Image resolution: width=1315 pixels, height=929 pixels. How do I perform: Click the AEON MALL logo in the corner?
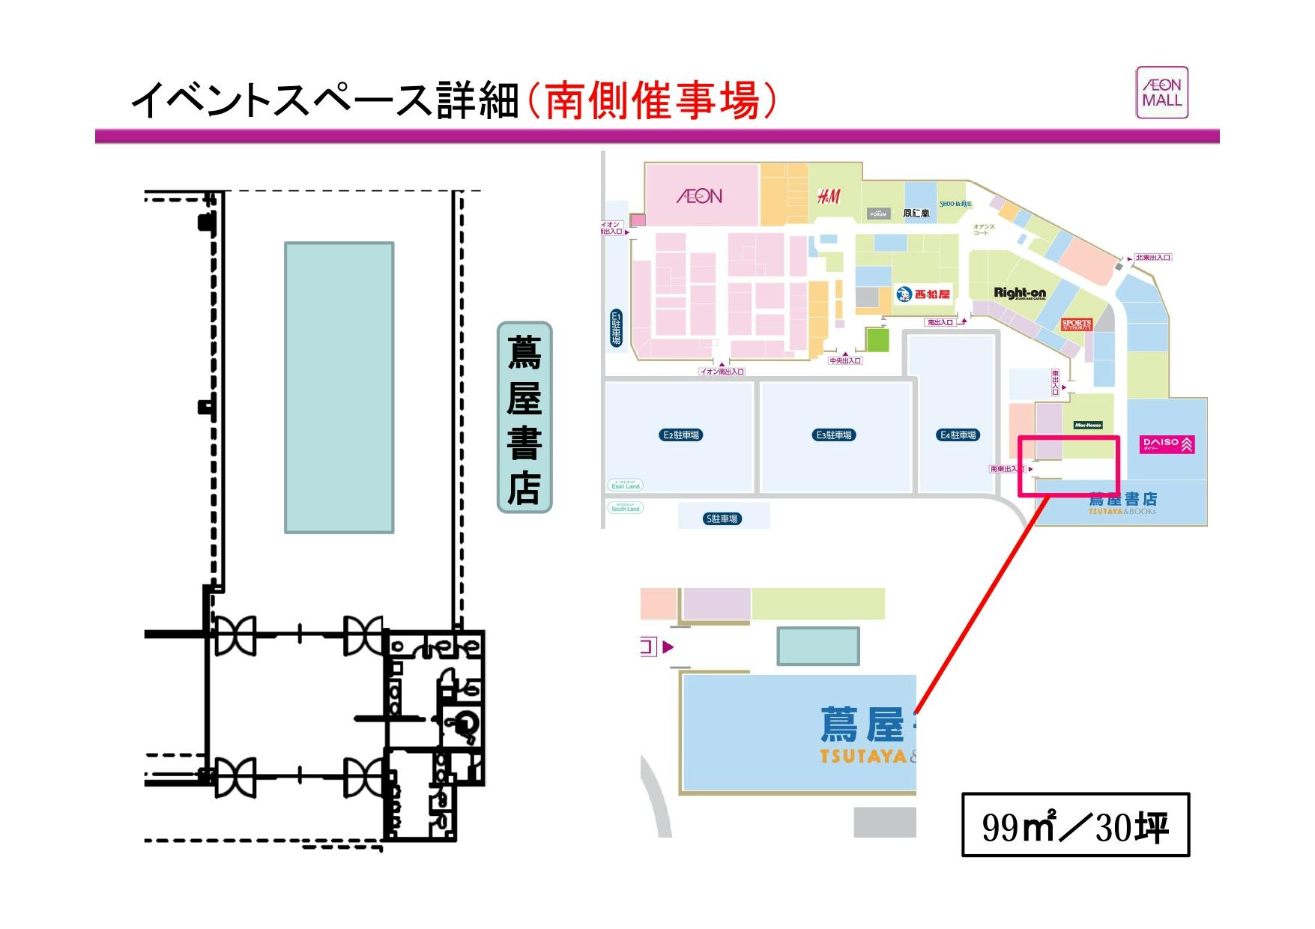pos(1161,92)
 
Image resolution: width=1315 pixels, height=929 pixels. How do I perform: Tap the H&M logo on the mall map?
pos(828,196)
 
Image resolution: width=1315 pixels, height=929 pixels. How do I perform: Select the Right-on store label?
pos(1019,293)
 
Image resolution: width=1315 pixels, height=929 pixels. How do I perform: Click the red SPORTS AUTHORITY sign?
pos(1076,324)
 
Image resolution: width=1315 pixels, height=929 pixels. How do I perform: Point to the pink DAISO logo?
pos(1167,444)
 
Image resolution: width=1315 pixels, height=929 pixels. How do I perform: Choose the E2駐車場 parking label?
pos(681,435)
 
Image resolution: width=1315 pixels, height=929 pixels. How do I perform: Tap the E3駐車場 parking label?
pos(834,435)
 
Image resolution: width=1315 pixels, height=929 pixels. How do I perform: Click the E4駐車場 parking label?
pos(959,435)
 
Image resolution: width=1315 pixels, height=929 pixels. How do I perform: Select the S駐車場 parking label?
pos(722,518)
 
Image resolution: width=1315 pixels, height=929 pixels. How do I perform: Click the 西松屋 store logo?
pos(923,294)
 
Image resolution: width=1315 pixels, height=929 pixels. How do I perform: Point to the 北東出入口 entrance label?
pos(1152,258)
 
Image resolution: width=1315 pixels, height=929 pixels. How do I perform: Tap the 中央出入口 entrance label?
pos(845,361)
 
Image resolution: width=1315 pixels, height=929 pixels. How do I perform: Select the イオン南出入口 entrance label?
pos(722,372)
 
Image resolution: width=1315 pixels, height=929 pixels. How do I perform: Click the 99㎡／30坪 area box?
pos(1075,825)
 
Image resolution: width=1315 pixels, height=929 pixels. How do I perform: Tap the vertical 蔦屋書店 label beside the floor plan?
pos(525,417)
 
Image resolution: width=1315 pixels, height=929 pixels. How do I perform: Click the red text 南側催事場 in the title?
pos(651,101)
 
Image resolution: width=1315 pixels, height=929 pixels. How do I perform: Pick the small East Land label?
pos(626,485)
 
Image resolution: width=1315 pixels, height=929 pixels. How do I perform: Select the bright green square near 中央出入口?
pos(877,340)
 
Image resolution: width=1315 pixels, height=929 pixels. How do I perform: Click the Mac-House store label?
pos(1088,425)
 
